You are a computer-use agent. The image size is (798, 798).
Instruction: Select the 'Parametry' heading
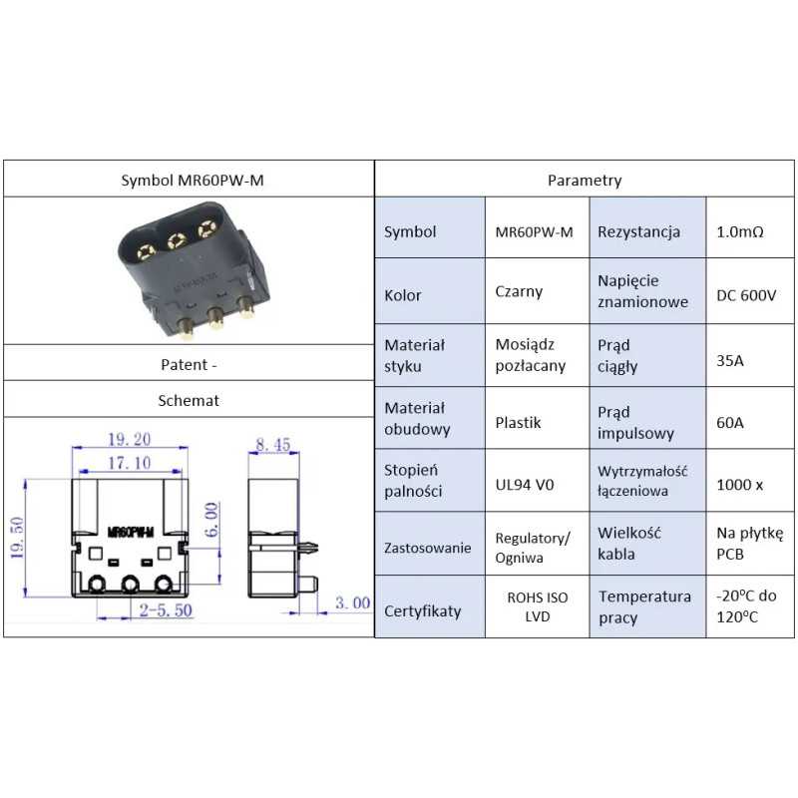(585, 181)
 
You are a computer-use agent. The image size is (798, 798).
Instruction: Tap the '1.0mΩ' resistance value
(739, 231)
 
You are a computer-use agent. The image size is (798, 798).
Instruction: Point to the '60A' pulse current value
(730, 423)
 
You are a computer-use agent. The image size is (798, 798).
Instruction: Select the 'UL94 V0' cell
(525, 485)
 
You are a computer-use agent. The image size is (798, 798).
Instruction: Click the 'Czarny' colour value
(519, 292)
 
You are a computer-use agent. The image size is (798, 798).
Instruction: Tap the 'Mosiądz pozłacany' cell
(530, 355)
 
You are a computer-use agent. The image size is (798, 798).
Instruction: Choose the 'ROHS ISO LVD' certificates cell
(537, 606)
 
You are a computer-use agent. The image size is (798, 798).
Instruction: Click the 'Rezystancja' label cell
(638, 231)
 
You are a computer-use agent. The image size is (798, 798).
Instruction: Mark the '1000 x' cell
(739, 485)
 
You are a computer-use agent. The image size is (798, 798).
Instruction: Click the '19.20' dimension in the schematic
(129, 439)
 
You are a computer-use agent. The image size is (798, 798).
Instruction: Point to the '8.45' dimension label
(273, 445)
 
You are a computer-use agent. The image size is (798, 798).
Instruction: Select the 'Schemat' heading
(189, 400)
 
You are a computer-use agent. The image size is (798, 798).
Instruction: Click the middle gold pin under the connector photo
(213, 318)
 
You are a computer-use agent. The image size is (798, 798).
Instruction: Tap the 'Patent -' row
(189, 364)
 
